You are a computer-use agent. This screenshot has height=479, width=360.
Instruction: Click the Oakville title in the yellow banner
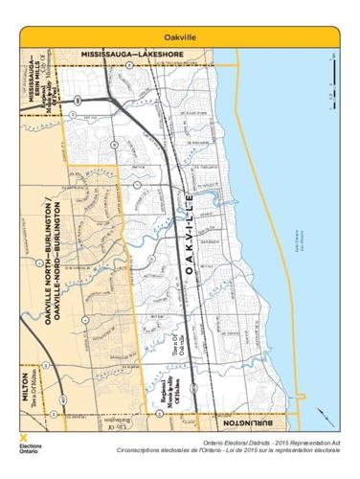pos(180,35)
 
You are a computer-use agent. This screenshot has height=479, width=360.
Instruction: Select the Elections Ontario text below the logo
pos(30,449)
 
